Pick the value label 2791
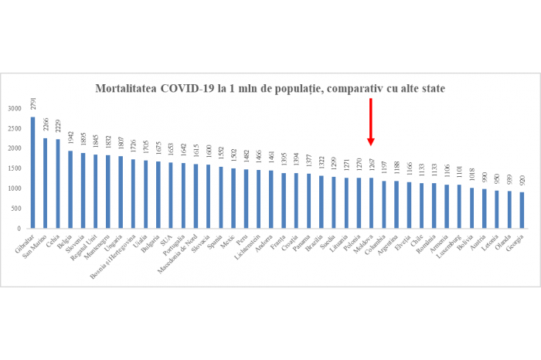[32, 104]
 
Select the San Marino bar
[45, 183]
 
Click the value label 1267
[371, 166]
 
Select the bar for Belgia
[70, 189]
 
